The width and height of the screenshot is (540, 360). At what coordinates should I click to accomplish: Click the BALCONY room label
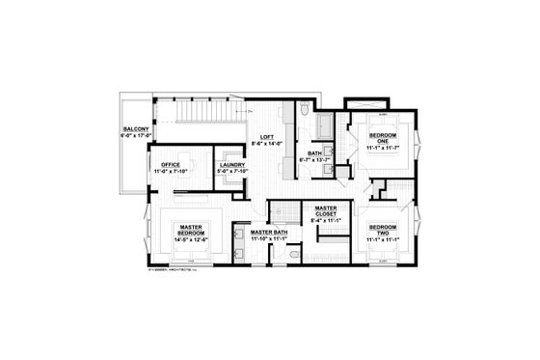coord(133,127)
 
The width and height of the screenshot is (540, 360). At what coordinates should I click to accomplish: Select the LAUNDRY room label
coord(231,165)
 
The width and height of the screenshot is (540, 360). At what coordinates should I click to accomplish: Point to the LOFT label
coord(262,137)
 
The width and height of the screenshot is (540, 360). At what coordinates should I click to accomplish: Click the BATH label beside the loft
coord(314,152)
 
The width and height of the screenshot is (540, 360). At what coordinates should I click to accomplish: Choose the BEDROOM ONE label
coord(381,139)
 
